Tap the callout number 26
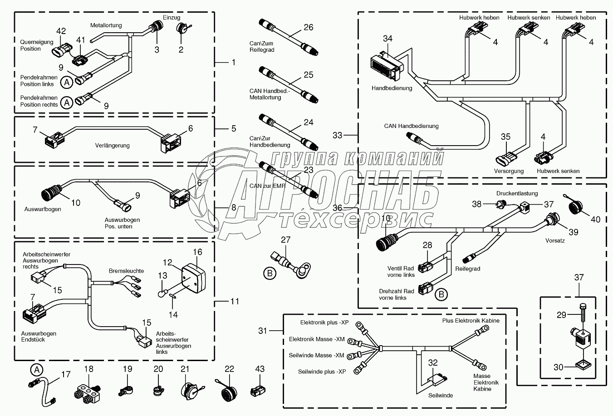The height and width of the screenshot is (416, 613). click(309, 27)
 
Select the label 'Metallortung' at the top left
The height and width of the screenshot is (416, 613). click(106, 25)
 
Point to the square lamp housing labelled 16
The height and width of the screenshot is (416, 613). click(193, 278)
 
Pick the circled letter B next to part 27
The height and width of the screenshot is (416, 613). click(270, 273)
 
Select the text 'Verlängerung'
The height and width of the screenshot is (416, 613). click(112, 145)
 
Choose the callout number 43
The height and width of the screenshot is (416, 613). click(260, 369)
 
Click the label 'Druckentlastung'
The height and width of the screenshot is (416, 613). click(517, 194)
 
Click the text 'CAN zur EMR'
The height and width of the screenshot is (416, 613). click(267, 186)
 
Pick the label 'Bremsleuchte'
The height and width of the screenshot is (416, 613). click(126, 271)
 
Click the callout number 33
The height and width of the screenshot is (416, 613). click(338, 135)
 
